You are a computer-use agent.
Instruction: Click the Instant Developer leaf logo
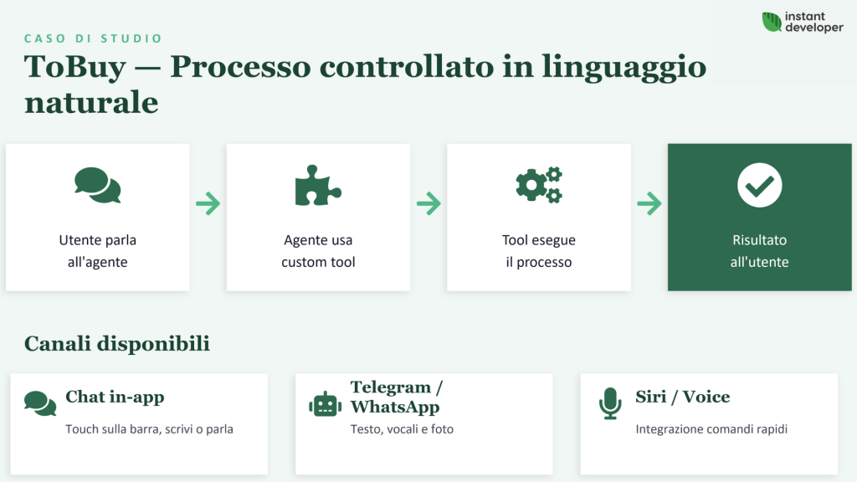771,23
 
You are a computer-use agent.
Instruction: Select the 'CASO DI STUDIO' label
93,38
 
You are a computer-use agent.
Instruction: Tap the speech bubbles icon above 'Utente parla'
97,185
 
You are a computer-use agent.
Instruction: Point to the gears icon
538,185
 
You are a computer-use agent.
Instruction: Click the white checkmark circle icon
759,185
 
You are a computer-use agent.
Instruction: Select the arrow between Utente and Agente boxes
208,203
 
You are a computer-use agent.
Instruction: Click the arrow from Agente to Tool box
428,203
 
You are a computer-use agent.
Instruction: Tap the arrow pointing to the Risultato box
649,203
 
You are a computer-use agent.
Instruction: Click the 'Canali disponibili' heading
117,344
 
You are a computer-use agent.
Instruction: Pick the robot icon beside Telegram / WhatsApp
325,404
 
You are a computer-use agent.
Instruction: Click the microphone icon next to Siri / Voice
610,403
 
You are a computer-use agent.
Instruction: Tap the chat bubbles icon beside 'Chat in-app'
40,403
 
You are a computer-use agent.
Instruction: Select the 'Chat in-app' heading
115,397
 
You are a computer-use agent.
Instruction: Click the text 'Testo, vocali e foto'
402,429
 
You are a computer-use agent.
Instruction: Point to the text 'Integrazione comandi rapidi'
711,429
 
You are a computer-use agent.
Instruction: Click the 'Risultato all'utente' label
759,251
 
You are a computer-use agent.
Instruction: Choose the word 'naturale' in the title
91,103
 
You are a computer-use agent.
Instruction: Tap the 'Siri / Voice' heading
682,397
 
